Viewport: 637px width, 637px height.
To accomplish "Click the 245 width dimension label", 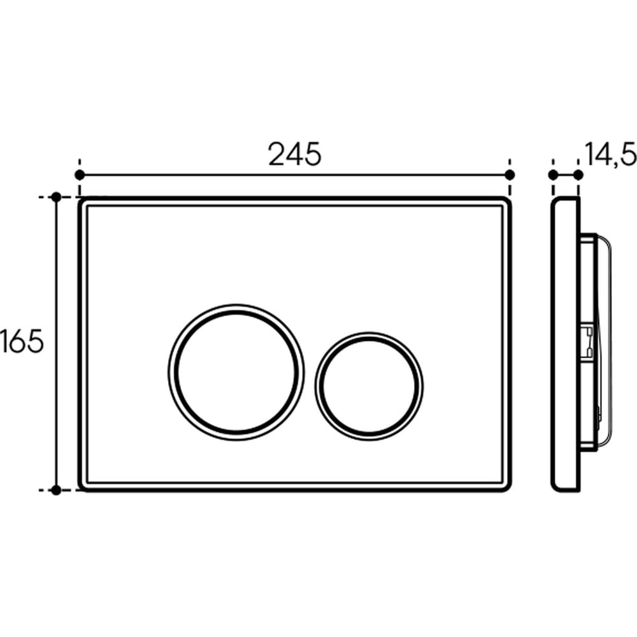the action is (x=294, y=154).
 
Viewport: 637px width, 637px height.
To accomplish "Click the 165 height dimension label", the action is (x=22, y=341).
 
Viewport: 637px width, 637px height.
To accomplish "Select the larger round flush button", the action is (x=236, y=372).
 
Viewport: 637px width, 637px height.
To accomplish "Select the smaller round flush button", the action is (x=369, y=387).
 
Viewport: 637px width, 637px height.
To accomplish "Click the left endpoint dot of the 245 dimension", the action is (x=80, y=175).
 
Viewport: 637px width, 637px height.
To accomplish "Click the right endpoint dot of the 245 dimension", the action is (x=510, y=175).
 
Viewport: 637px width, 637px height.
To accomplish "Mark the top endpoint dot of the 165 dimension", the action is (x=57, y=197).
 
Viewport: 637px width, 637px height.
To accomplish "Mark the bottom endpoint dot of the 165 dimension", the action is (x=57, y=490).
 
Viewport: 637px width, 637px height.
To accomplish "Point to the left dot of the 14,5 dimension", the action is (x=553, y=175).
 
